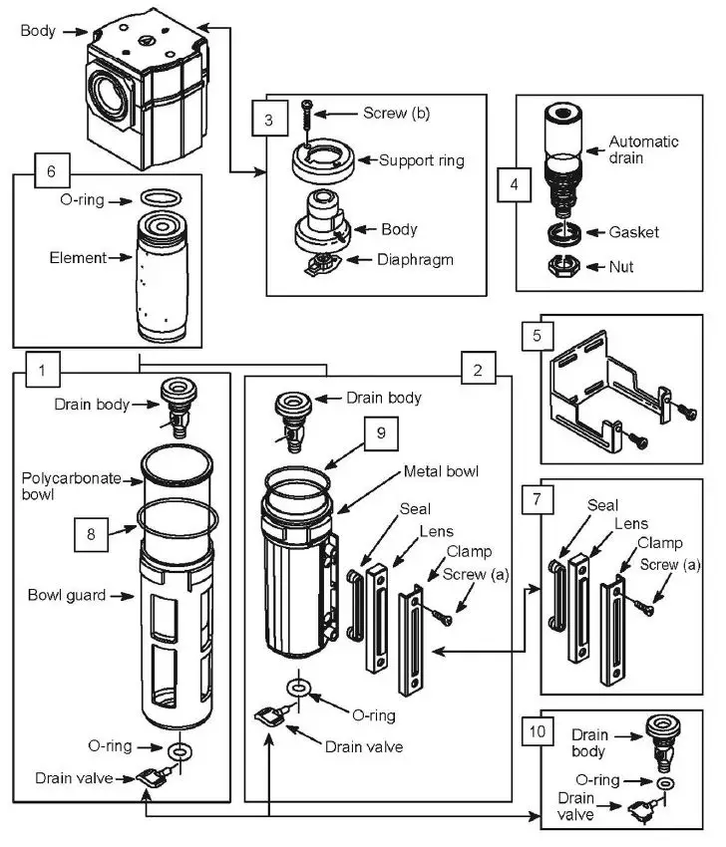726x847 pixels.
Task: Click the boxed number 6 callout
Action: pyautogui.click(x=52, y=170)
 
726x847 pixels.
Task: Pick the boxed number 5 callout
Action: pyautogui.click(x=539, y=336)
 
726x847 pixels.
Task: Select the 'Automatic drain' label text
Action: pyautogui.click(x=643, y=149)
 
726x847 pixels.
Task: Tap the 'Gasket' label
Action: pyautogui.click(x=634, y=232)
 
